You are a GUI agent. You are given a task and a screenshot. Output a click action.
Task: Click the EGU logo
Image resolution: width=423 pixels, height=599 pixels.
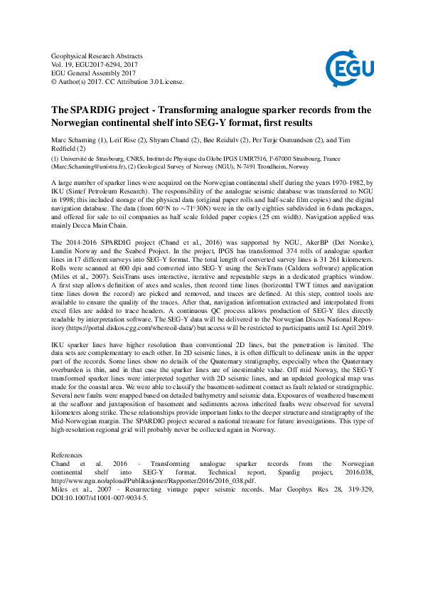[x=346, y=68]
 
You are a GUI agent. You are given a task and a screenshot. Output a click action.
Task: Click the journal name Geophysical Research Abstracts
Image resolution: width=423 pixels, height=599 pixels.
[x=97, y=55]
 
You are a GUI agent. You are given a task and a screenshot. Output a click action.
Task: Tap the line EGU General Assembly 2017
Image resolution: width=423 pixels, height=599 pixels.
[x=92, y=73]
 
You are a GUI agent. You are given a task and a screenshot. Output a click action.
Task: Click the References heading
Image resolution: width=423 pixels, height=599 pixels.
[x=68, y=435]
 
